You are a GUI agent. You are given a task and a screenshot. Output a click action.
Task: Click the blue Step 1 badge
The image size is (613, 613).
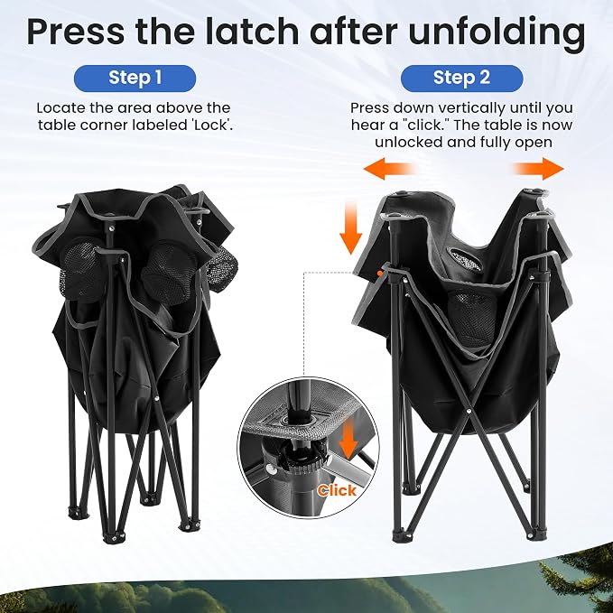tap(135, 79)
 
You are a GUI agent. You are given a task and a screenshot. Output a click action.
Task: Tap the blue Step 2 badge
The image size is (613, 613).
tap(461, 79)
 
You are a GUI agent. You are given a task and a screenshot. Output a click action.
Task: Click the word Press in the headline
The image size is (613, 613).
tap(76, 31)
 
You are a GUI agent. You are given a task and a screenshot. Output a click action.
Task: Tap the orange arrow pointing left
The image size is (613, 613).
tap(389, 169)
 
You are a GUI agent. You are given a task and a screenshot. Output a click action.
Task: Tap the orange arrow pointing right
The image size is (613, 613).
tap(539, 169)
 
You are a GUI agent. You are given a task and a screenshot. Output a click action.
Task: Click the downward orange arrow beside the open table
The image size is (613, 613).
tap(350, 228)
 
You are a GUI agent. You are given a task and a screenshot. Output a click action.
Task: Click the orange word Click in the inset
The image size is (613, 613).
tap(337, 490)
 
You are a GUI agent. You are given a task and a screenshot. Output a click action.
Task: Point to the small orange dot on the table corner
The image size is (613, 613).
tap(379, 274)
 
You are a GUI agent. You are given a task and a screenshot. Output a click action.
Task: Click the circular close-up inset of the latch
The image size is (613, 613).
tap(308, 448)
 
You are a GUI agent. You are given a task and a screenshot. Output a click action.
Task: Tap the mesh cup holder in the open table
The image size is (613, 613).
tap(466, 260)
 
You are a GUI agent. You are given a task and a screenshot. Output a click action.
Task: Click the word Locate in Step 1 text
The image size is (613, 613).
tap(61, 108)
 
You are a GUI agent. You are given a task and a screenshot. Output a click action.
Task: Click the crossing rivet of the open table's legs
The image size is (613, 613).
tap(468, 411)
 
